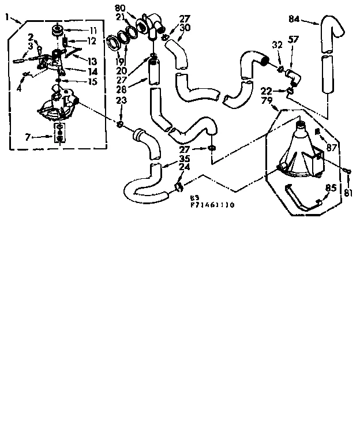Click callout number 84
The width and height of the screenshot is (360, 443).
(294, 19)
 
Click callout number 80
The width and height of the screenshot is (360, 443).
(120, 8)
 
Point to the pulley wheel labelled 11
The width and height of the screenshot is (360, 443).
(57, 29)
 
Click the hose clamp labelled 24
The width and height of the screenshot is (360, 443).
(179, 186)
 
